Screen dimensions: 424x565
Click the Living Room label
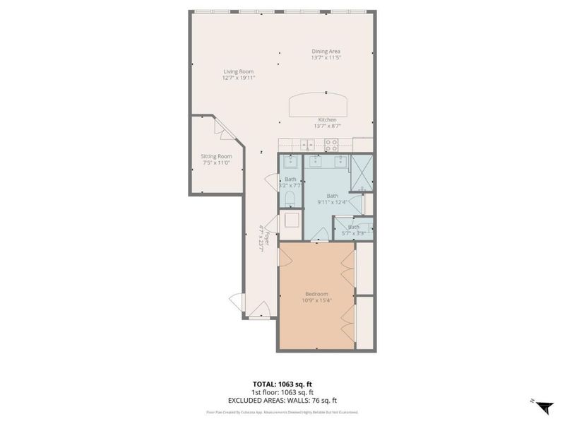[x=238, y=71]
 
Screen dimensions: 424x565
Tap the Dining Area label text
[x=326, y=51]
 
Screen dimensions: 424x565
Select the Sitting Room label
[x=217, y=156]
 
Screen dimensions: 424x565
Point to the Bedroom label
[x=317, y=294]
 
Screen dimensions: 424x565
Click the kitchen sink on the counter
[x=308, y=144]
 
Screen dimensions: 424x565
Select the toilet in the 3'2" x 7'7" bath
[x=290, y=197]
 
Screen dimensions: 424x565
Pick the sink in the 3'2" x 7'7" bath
[x=290, y=161]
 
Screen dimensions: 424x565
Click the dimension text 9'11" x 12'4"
[x=332, y=202]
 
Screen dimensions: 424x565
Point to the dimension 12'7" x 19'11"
[x=238, y=78]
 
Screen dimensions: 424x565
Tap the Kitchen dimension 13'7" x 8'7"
[x=327, y=126]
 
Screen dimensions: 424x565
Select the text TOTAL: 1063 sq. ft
[x=282, y=384]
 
